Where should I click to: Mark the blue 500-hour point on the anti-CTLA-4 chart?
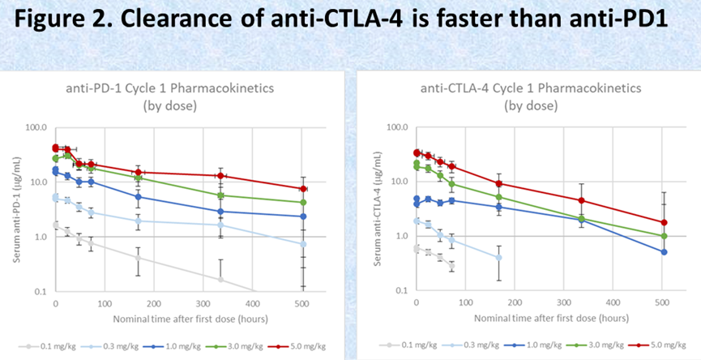coord(664,252)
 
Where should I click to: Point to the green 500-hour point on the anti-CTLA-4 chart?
coord(664,236)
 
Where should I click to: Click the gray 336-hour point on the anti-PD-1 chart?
coord(220,279)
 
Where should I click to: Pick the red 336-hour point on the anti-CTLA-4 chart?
coord(582,200)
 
